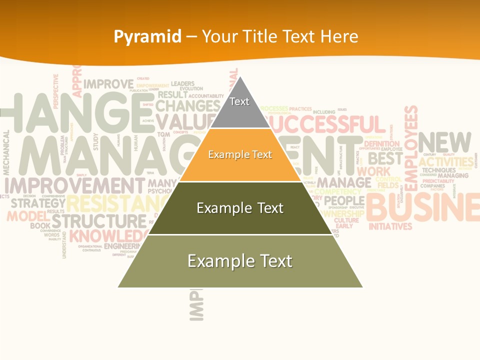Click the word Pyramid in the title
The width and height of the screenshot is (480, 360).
(x=147, y=36)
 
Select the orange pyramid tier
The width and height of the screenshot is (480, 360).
(x=240, y=155)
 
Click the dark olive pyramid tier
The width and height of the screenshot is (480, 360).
(x=240, y=208)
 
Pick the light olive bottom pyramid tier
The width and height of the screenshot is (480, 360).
(x=240, y=261)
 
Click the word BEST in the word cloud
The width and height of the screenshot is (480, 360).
(x=385, y=158)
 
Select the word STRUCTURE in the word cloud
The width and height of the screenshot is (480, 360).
(x=99, y=220)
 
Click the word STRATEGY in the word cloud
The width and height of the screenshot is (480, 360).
(x=38, y=203)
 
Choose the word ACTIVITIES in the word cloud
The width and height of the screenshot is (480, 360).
(x=446, y=162)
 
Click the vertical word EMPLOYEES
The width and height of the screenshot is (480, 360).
(x=410, y=148)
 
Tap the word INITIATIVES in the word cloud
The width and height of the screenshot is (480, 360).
(x=390, y=226)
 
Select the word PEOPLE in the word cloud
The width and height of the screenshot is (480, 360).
(x=344, y=201)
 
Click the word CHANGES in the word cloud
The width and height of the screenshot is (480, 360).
(x=187, y=106)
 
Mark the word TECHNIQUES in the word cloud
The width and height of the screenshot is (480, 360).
(x=438, y=170)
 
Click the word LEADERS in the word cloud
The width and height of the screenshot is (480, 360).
(x=182, y=83)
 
